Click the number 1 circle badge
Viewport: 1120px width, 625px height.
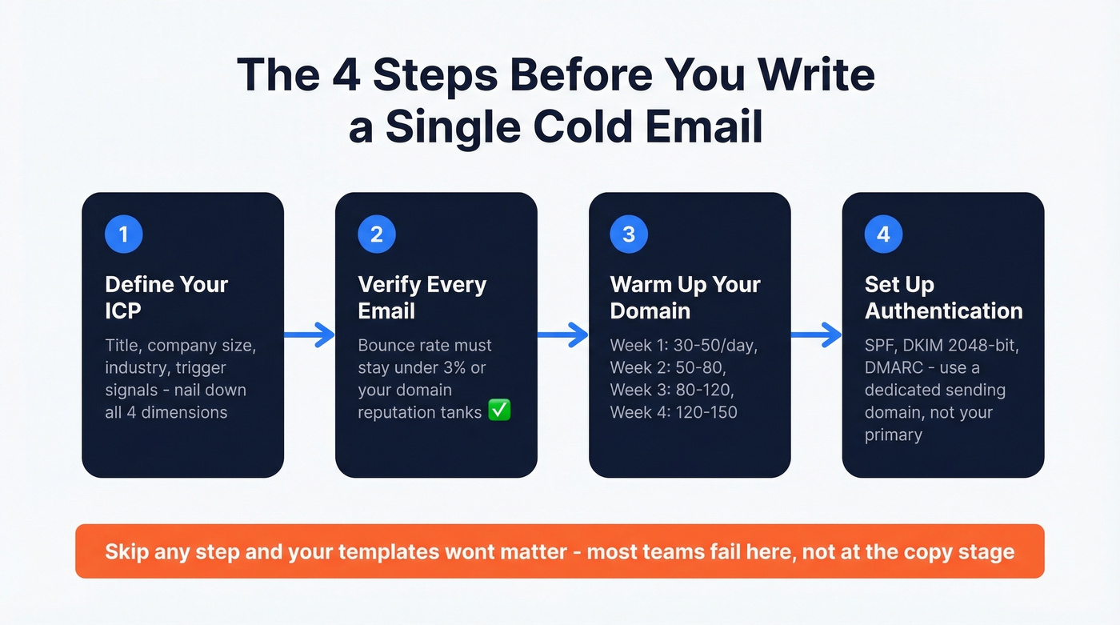(x=124, y=234)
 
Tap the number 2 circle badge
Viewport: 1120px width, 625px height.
(x=377, y=234)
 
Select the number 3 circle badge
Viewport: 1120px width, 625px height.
(x=629, y=234)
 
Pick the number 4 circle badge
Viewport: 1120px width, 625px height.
(x=883, y=234)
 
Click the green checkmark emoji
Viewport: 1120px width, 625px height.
(x=500, y=411)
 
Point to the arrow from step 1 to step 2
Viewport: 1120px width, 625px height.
(x=310, y=335)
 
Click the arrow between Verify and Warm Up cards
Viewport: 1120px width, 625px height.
(x=563, y=335)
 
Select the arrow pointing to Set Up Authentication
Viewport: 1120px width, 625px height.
(x=817, y=335)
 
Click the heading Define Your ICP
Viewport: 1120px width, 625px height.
(x=166, y=297)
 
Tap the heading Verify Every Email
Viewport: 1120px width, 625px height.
(x=422, y=297)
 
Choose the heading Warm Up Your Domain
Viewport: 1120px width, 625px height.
(x=685, y=297)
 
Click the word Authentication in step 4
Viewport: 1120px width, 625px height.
(x=943, y=310)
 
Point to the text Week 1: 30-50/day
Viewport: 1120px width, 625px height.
(x=683, y=346)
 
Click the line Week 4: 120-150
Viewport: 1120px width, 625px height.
(x=673, y=413)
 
